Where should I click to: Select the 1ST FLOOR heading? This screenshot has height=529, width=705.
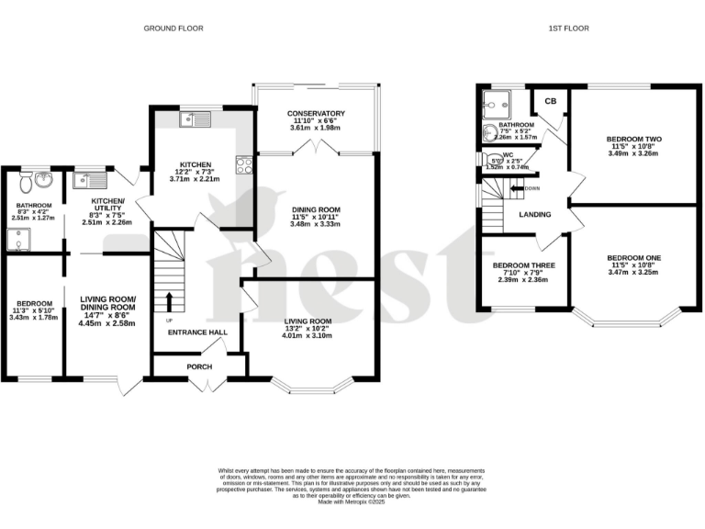pyautogui.click(x=569, y=28)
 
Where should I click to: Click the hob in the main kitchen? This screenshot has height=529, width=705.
pyautogui.click(x=244, y=165)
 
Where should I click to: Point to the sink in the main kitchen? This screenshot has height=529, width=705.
pyautogui.click(x=196, y=118)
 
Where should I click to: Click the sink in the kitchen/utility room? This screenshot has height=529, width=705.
pyautogui.click(x=90, y=180)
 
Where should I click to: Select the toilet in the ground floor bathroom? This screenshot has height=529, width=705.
pyautogui.click(x=20, y=182)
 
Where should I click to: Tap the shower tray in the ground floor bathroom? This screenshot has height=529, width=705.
pyautogui.click(x=19, y=241)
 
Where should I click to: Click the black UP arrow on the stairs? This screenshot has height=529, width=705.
pyautogui.click(x=169, y=302)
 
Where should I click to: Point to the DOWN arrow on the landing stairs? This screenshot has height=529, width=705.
pyautogui.click(x=516, y=188)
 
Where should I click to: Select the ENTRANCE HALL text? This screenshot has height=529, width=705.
pyautogui.click(x=196, y=332)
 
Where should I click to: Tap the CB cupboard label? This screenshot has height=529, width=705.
pyautogui.click(x=551, y=101)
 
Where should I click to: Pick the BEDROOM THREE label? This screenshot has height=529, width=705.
pyautogui.click(x=523, y=265)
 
